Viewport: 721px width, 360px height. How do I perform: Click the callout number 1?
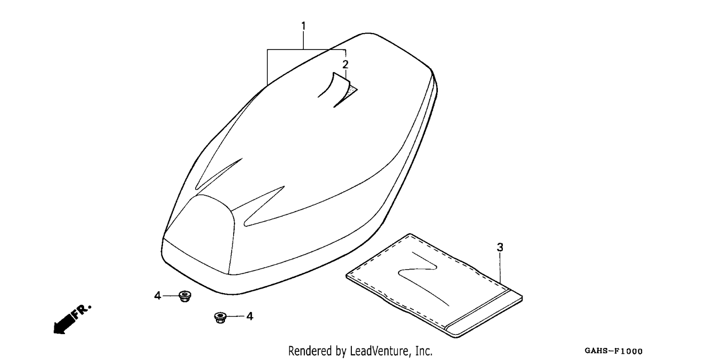pyautogui.click(x=303, y=26)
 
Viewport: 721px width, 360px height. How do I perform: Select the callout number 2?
pyautogui.click(x=346, y=65)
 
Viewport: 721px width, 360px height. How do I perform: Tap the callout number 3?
pyautogui.click(x=500, y=248)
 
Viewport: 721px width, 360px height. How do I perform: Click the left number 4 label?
pyautogui.click(x=157, y=296)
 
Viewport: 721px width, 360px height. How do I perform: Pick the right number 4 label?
pyautogui.click(x=250, y=317)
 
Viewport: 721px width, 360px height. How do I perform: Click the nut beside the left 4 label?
pyautogui.click(x=185, y=296)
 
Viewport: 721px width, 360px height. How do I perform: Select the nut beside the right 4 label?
pyautogui.click(x=221, y=318)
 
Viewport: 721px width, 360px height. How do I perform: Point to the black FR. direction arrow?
pyautogui.click(x=63, y=324)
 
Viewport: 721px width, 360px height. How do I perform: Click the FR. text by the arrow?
pyautogui.click(x=82, y=311)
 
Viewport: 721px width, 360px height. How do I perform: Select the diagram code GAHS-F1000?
pyautogui.click(x=613, y=351)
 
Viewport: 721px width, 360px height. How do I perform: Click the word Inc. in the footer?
pyautogui.click(x=422, y=351)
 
